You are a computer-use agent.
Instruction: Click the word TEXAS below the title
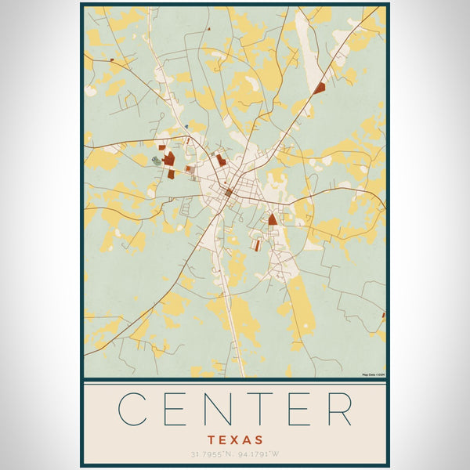236,440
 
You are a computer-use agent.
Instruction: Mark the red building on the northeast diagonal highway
319,89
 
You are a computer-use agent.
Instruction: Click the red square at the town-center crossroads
229,192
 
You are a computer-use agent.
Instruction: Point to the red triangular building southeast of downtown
272,220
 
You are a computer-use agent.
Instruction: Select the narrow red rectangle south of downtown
255,245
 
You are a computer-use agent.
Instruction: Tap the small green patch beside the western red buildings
157,162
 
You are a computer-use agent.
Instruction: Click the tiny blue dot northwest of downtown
186,125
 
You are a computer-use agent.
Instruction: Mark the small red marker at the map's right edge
383,316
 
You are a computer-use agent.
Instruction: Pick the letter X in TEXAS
236,440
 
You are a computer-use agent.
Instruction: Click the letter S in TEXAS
258,440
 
